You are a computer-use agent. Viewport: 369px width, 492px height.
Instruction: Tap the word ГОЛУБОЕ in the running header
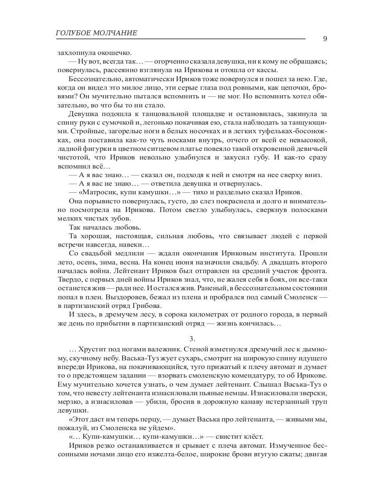click(x=71, y=33)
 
